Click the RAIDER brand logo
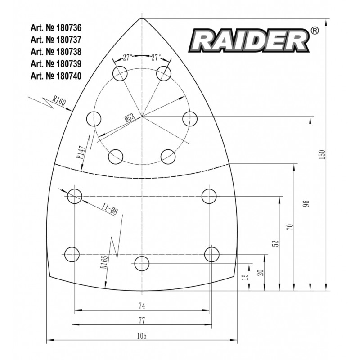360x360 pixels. (x=248, y=40)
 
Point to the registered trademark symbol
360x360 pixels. (x=315, y=31)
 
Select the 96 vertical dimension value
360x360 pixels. (x=306, y=203)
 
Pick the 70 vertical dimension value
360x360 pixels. (x=290, y=227)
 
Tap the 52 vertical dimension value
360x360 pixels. (x=276, y=243)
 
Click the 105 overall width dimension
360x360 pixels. (x=142, y=335)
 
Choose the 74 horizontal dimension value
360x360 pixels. (x=142, y=306)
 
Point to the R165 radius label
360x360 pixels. (x=104, y=261)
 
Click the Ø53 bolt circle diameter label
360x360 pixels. (x=130, y=118)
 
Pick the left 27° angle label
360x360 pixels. (x=127, y=58)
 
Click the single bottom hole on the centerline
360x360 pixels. (x=142, y=263)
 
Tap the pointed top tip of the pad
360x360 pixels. (x=142, y=18)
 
